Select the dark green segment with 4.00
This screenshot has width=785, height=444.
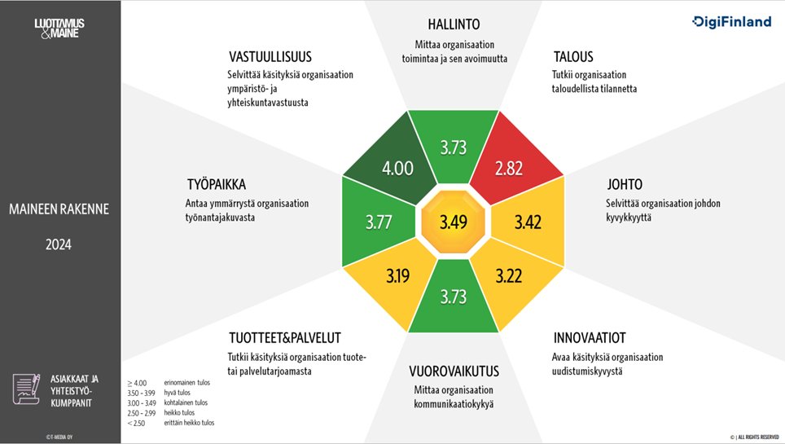coord(398,168)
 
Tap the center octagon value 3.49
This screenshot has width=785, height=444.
coord(454,221)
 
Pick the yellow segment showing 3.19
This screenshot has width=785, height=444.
coord(397,276)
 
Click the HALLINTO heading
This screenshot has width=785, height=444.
coord(454,25)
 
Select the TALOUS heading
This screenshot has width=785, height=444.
coord(573,57)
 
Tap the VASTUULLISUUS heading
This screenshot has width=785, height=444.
coord(270,57)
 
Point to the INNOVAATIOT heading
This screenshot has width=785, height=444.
coord(590,338)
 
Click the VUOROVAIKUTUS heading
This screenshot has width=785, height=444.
coord(454,371)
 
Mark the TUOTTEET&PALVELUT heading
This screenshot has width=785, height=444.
coord(284,338)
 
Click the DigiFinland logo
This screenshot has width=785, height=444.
coord(731,22)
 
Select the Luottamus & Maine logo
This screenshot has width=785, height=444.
coord(59,29)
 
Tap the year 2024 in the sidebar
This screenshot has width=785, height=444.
coord(59,243)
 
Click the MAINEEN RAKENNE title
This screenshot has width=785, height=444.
coord(59,209)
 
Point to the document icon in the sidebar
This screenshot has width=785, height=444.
coord(27,389)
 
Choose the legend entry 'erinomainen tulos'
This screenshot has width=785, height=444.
coord(187,382)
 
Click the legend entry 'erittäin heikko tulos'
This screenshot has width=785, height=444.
coord(189,422)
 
